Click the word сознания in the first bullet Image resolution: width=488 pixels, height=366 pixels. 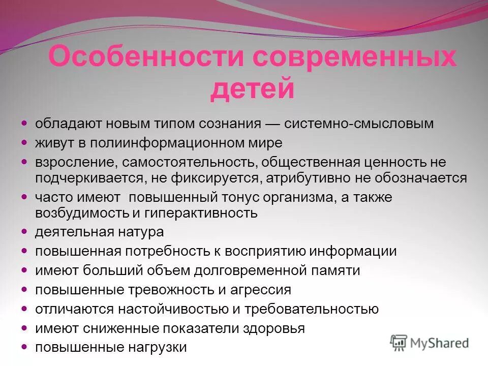point(228,124)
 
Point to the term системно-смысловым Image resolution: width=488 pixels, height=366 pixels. point(359,124)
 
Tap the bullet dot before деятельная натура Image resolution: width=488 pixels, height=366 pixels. point(24,232)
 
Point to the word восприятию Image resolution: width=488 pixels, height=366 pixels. point(268,251)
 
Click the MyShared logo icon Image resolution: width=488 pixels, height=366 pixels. point(399,342)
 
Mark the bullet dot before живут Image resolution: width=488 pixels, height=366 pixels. point(24,143)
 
